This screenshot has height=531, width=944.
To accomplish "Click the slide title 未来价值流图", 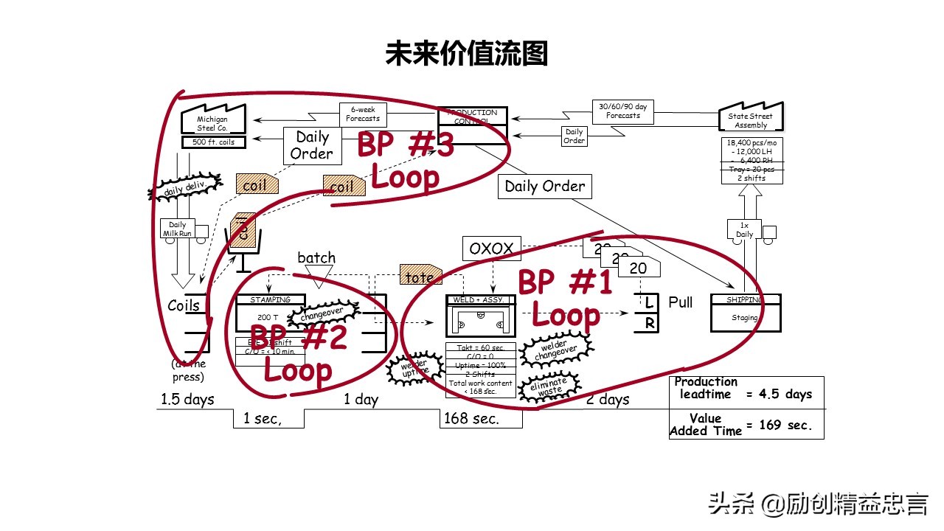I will (466, 53).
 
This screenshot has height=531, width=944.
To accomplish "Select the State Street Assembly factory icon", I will (751, 118).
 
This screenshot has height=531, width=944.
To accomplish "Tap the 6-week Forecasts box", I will (363, 114).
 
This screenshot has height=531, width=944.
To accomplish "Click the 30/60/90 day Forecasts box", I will (623, 111).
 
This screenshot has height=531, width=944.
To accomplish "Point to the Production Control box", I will (473, 125).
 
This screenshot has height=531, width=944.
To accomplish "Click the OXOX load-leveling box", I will (491, 249).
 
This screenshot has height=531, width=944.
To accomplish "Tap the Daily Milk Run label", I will (178, 229).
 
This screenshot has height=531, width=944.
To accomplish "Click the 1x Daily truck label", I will (745, 229).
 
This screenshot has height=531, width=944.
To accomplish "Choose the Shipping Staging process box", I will (745, 313).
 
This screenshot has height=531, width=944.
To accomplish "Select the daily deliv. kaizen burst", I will (184, 187).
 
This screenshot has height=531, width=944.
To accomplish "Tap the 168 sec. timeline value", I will (471, 419).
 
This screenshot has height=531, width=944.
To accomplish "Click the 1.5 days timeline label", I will (187, 399).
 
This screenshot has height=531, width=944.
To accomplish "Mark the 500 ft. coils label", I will (213, 142).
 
